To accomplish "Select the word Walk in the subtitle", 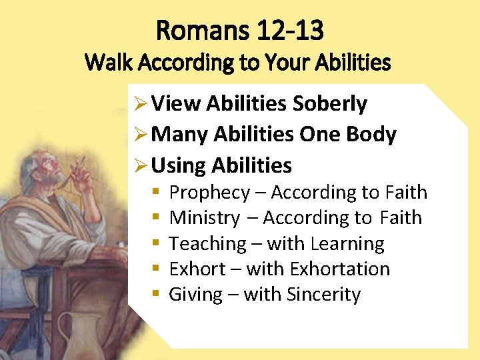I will click(104, 63).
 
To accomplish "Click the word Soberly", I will click(330, 104).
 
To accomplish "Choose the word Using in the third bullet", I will click(178, 165).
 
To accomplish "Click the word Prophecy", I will click(209, 193).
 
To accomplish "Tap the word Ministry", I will click(205, 218).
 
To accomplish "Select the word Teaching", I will click(207, 244).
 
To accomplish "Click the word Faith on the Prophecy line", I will click(405, 193).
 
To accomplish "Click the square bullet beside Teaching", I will click(155, 244).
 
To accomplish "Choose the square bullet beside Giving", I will click(155, 294).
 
